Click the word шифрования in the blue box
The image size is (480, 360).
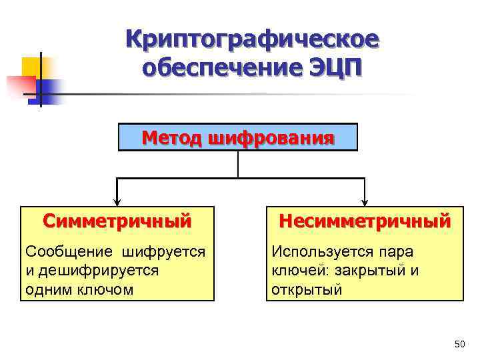[x=271, y=138]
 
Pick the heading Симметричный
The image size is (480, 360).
[x=117, y=219]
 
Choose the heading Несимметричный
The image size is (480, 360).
[x=365, y=219]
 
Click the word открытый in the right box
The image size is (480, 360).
[x=307, y=289]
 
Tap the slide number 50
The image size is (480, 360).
[x=459, y=344]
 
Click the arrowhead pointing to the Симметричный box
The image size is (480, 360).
[x=117, y=201]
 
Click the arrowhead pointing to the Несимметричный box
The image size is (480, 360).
[x=365, y=201]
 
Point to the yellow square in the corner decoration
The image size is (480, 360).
[x=32, y=67]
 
